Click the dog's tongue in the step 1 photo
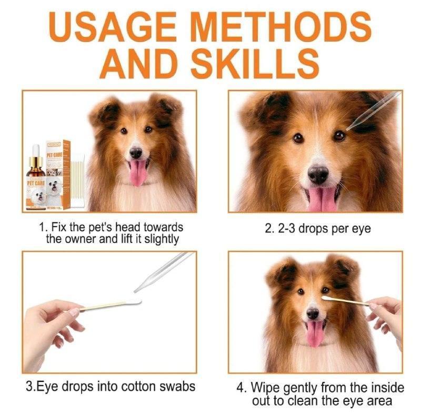[137, 173]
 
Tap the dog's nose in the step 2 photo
[318, 174]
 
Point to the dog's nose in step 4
[313, 313]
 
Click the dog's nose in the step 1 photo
[136, 153]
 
